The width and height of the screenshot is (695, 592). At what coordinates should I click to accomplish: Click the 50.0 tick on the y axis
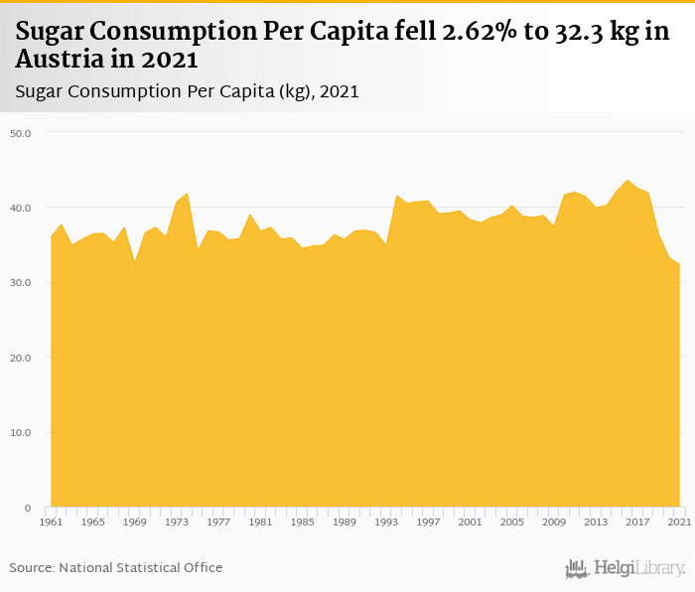(x=21, y=132)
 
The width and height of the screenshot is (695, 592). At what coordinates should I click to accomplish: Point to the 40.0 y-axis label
(x=21, y=208)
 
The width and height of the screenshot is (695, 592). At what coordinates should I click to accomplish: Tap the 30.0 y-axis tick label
(x=21, y=282)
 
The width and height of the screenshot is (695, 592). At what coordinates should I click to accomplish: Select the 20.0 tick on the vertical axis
(x=21, y=358)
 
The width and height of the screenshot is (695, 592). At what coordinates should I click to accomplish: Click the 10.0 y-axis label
(x=21, y=433)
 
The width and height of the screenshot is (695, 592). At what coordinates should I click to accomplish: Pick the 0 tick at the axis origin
(x=28, y=508)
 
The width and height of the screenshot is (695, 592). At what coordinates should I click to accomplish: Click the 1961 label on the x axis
(x=51, y=521)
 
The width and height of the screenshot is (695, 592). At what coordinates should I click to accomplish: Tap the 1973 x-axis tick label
(x=177, y=521)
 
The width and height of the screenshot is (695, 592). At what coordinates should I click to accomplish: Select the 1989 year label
(x=345, y=521)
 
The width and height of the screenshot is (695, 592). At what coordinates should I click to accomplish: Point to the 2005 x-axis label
(x=512, y=521)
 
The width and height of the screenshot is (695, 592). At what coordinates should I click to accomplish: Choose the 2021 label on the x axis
(x=679, y=521)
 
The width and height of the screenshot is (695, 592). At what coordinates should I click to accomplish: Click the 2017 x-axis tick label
(x=637, y=521)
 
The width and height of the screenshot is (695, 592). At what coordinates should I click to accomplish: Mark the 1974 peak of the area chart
(x=187, y=194)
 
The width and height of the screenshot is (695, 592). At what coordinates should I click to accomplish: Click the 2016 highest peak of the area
(x=626, y=181)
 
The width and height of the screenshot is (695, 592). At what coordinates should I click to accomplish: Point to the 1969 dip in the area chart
(x=135, y=262)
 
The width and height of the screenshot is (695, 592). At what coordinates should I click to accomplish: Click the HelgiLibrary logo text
(x=638, y=568)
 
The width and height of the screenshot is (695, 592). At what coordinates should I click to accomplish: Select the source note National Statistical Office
(x=141, y=567)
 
